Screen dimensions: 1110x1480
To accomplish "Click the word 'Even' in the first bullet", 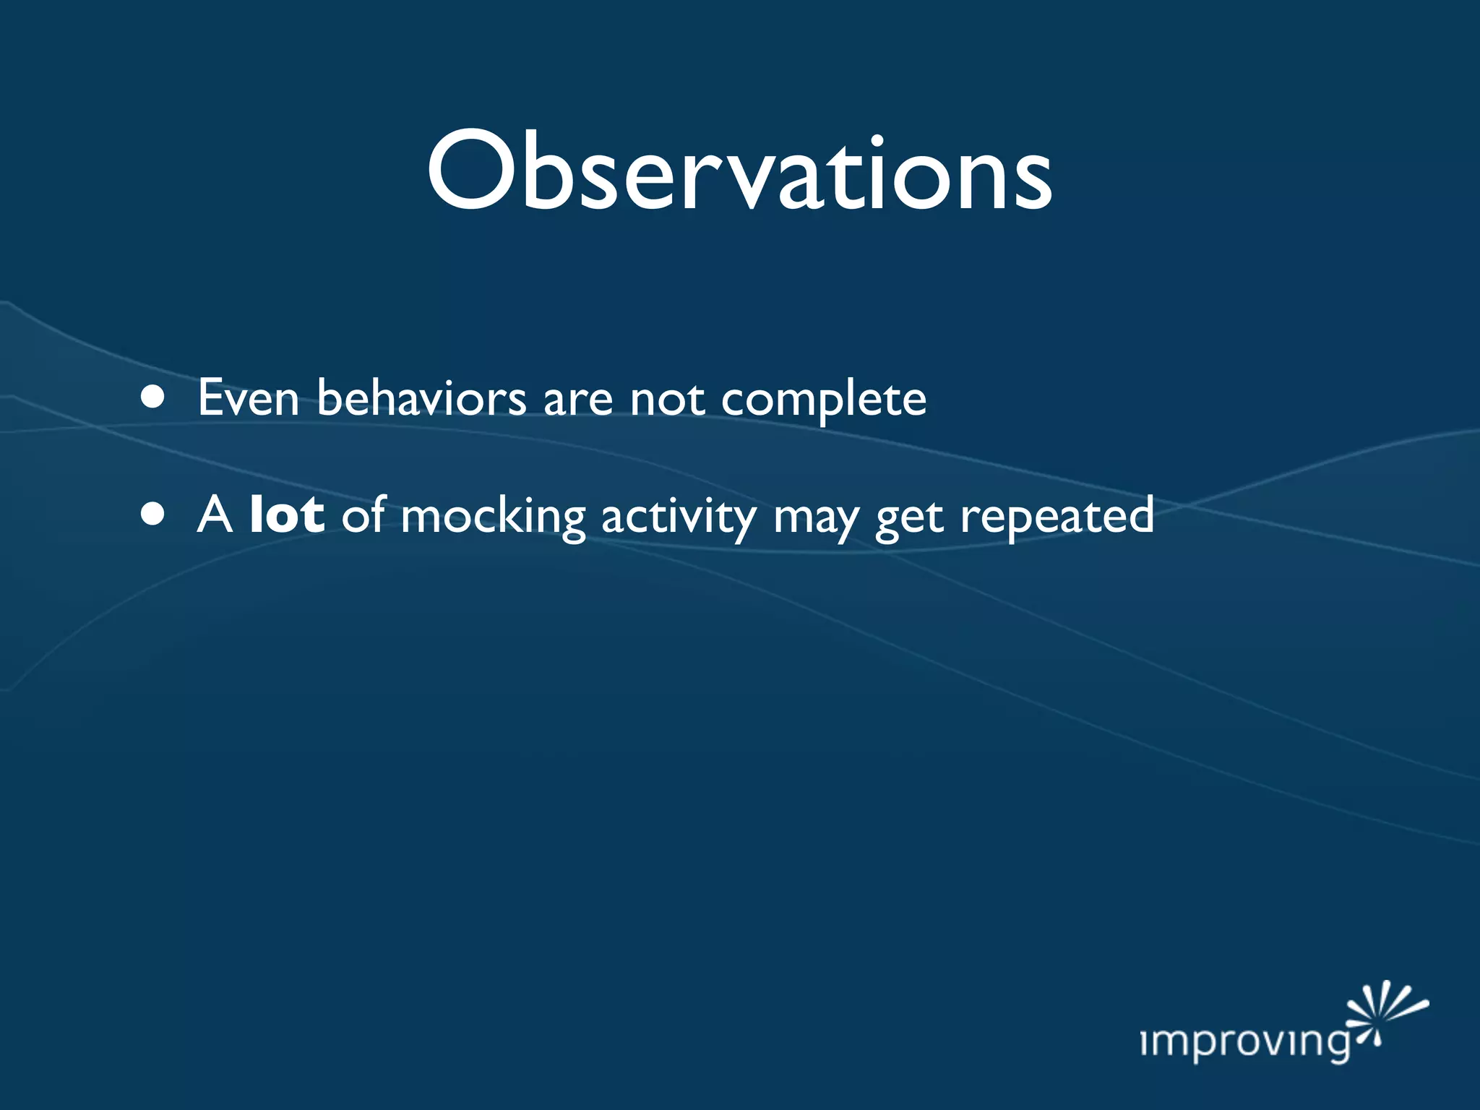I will pos(248,397).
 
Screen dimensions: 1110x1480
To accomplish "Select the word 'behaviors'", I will pos(421,397).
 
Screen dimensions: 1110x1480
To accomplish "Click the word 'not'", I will pos(666,400).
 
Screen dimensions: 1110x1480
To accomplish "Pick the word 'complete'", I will pos(823,400).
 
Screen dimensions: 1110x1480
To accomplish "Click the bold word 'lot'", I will pos(286,515).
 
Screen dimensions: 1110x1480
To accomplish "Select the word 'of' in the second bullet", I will pos(363,515).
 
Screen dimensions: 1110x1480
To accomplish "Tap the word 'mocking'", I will pos(492,517).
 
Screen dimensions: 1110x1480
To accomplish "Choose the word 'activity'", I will pos(679,517).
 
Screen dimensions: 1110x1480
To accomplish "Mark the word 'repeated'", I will pos(1057,517).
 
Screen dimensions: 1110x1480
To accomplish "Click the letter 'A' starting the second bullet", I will pos(215,515).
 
